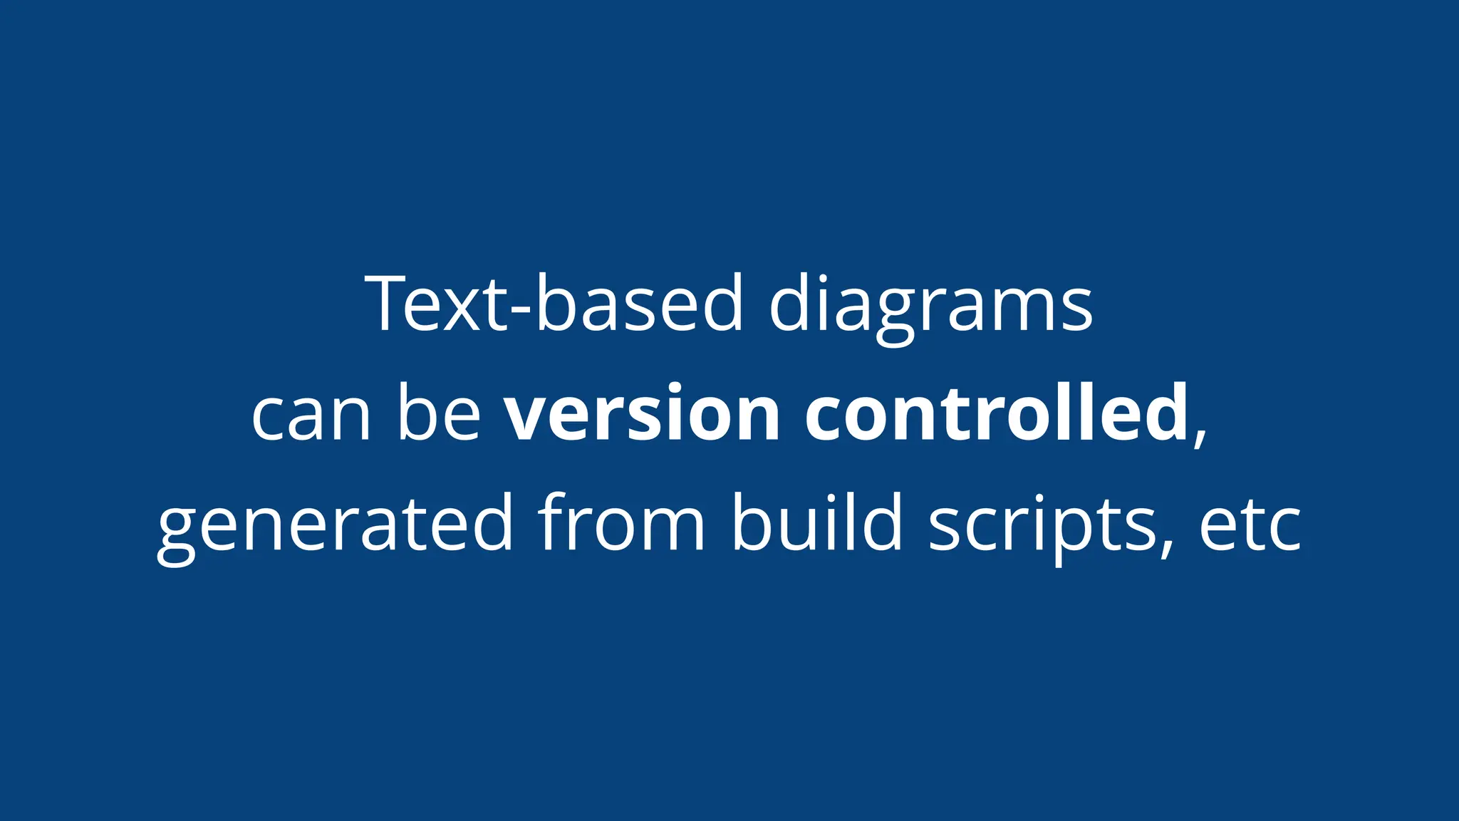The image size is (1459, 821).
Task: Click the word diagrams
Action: (930, 305)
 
